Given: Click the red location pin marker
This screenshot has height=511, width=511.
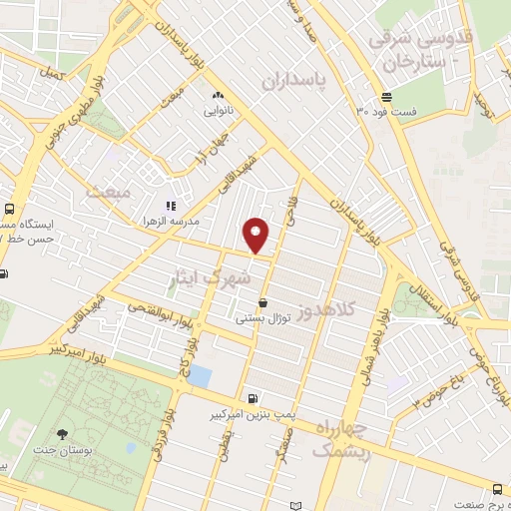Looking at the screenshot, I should tap(257, 234).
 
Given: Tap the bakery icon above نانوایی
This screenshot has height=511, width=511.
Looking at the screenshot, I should tap(217, 96).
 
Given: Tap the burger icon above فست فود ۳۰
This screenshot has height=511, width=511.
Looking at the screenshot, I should tap(387, 97).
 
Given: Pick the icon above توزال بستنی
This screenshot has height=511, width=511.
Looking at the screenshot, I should tap(262, 303).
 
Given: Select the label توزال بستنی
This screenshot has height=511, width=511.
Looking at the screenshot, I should tap(261, 318).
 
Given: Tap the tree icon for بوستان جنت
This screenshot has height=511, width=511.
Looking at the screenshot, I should tap(63, 435).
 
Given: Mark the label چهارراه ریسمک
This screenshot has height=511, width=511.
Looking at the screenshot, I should tap(342, 441).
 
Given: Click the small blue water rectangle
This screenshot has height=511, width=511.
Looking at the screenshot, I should tap(200, 376).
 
